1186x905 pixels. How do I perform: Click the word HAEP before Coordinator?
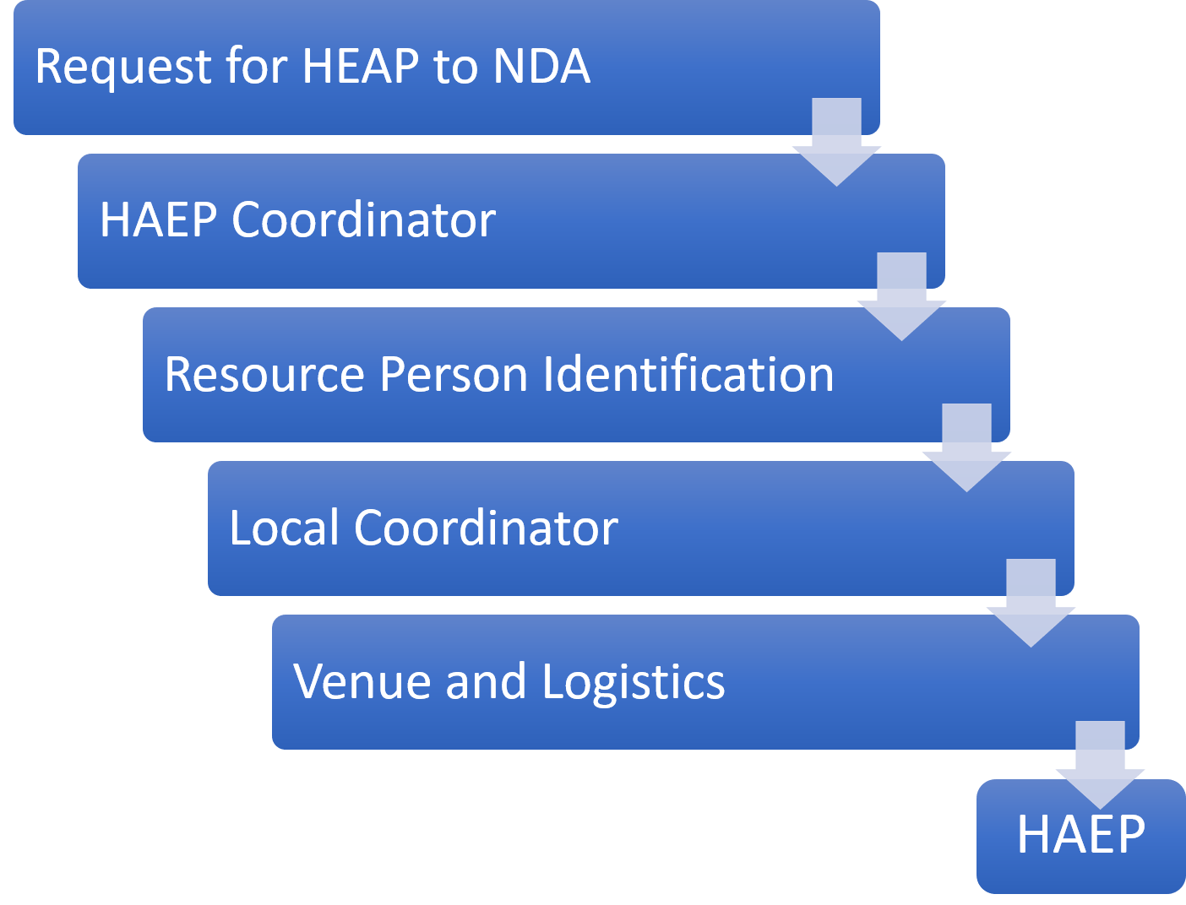158,220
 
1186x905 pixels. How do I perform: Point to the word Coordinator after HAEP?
363,220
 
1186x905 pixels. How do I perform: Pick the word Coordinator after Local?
486,528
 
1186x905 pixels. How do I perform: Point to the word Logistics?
634,682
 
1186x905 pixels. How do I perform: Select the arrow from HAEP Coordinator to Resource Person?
901,296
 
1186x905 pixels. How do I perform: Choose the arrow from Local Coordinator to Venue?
1031,603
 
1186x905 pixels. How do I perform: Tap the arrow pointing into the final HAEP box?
1100,765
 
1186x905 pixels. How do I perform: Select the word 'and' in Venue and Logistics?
485,682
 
